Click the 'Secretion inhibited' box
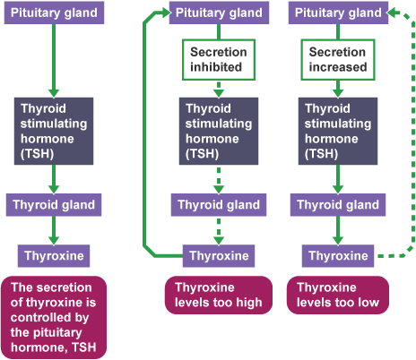coord(219,60)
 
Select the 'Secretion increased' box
coord(338,60)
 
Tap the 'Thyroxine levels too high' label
coord(219,295)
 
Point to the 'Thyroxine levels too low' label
coord(338,295)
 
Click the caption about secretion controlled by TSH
coord(54,317)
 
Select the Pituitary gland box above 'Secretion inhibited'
coord(219,13)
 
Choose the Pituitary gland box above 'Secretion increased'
coord(338,13)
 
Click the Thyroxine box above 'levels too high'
coord(219,256)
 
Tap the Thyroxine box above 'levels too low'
coord(338,256)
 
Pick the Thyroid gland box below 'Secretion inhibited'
coord(219,205)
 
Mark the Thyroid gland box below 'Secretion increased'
coord(338,205)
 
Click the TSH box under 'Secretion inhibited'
coord(219,131)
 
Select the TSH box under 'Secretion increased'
coord(338,131)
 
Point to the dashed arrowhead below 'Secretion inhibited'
coord(219,93)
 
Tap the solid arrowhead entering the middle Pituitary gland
coord(166,13)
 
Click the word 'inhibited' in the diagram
coord(216,67)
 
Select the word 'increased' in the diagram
coord(338,67)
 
